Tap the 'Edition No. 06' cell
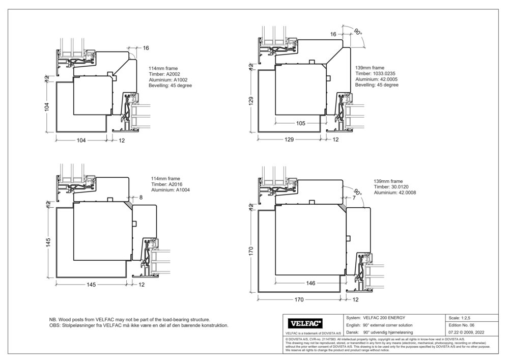(x=461, y=324)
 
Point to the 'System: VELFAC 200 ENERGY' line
(x=376, y=318)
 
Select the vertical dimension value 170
(x=250, y=251)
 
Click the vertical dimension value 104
(x=47, y=107)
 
